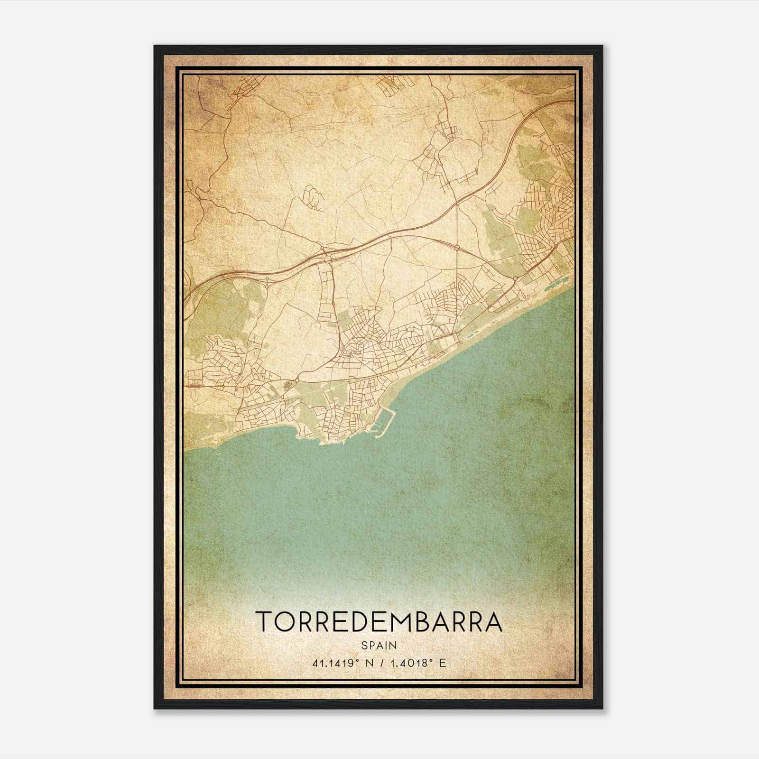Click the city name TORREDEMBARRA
379,622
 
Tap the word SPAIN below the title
379,646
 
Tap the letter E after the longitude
443,663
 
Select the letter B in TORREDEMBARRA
419,622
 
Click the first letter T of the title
264,622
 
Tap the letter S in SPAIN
364,646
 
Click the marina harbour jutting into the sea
385,421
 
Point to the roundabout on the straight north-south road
456,248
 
